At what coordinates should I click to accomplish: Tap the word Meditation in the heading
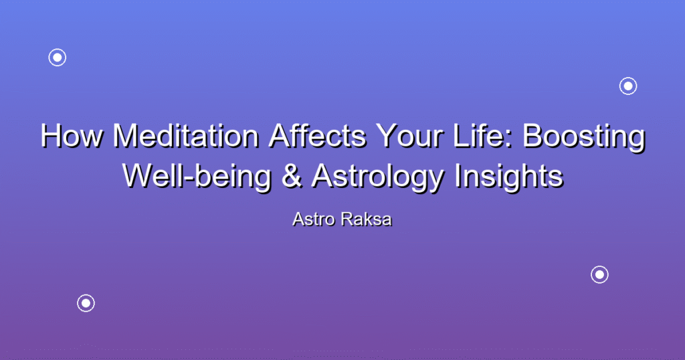point(186,136)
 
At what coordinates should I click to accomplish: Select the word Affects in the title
point(318,136)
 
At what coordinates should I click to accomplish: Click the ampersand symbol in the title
point(292,176)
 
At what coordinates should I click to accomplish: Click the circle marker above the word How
point(58,58)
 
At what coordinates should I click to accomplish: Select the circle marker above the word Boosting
point(628,86)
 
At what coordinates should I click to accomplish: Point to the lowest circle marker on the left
point(86,303)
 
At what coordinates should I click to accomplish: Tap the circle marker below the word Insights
point(600,275)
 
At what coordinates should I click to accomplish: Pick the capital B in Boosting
point(532,136)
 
